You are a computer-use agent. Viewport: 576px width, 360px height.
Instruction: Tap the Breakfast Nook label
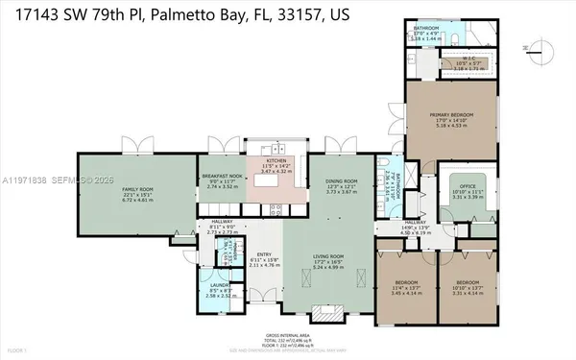tap(222, 180)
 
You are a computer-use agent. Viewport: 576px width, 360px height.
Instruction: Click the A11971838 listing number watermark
tap(22, 179)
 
